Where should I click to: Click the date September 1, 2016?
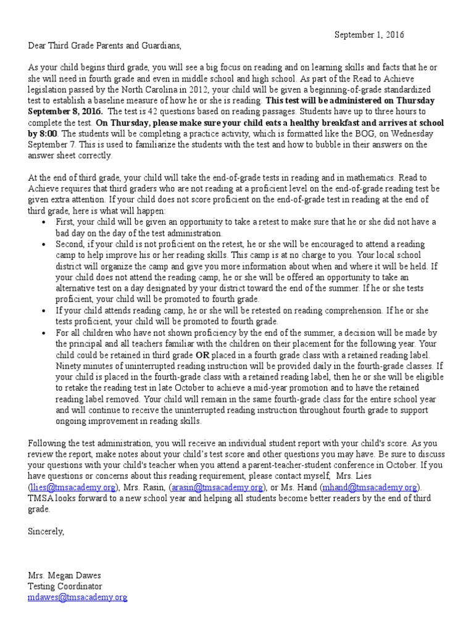(369, 35)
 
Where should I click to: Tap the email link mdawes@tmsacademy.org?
(77, 597)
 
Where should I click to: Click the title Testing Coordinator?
(65, 586)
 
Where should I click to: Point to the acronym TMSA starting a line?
(40, 498)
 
